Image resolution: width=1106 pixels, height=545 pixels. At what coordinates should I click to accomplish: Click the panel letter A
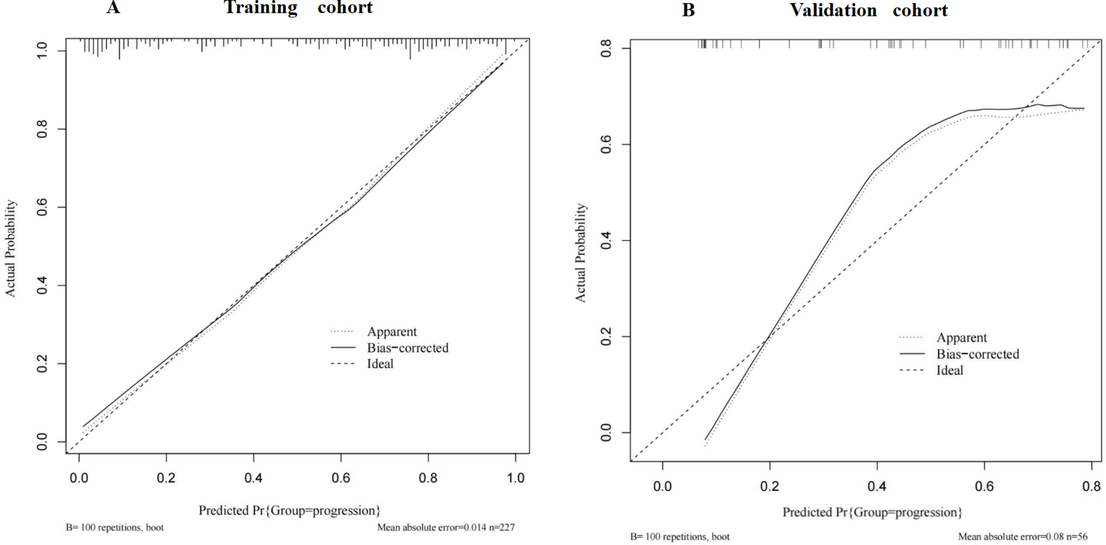point(113,8)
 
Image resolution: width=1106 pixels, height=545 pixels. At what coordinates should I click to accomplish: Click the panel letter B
point(688,10)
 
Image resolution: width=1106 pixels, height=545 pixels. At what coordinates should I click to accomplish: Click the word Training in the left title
point(261,8)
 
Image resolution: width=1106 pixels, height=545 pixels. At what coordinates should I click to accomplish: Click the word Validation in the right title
point(833,10)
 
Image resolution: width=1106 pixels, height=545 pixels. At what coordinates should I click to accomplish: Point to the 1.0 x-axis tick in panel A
point(516,478)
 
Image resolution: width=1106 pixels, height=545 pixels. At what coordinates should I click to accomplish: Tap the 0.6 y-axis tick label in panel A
point(42,208)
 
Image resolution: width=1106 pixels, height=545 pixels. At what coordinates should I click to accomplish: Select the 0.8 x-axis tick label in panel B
point(1091,486)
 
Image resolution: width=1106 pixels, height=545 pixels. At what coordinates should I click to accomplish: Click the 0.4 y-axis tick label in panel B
point(606,241)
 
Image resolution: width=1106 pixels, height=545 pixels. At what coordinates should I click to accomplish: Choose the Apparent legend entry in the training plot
point(392,331)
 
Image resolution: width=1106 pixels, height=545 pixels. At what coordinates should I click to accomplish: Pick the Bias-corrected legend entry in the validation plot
point(978,354)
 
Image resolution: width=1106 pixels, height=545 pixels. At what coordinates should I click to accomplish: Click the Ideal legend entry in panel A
point(380,364)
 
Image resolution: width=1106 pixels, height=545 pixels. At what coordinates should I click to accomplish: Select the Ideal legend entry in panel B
point(950,370)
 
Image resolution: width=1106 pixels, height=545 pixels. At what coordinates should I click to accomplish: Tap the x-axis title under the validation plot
point(872,513)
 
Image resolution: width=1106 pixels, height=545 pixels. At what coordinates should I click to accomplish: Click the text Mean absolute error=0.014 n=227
point(446,527)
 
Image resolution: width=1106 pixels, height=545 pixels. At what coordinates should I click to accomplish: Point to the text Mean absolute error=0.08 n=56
point(1022,537)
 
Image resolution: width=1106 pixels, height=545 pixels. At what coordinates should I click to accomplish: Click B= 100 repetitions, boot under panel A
point(115,527)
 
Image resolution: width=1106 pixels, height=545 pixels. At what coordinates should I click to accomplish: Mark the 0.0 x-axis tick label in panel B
point(663,486)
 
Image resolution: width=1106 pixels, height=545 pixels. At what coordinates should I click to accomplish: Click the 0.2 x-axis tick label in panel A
point(166,478)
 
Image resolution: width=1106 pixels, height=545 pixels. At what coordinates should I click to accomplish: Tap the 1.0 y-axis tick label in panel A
point(42,51)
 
